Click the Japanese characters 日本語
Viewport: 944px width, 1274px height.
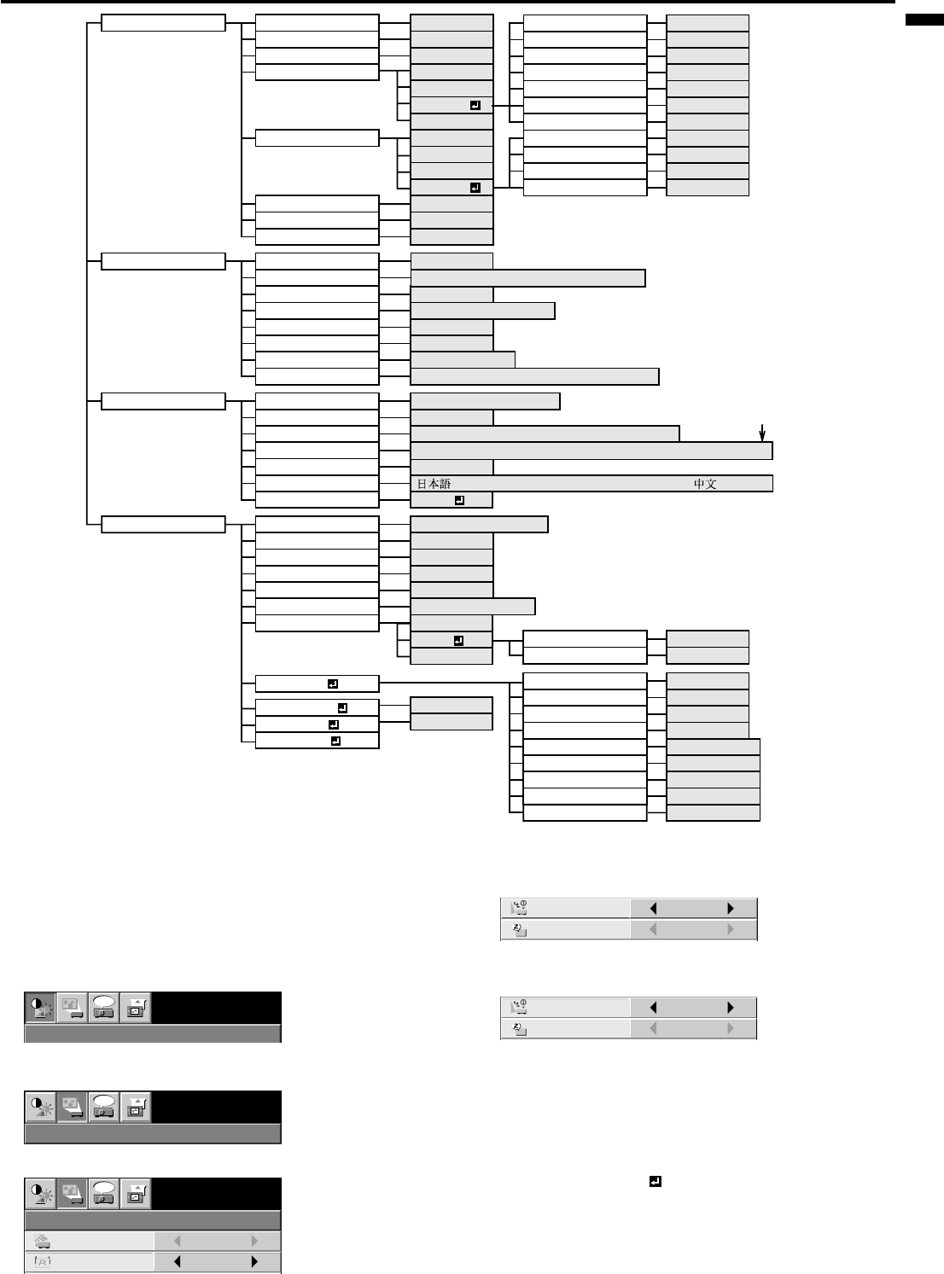point(433,484)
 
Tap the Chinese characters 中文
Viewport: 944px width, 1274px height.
point(704,484)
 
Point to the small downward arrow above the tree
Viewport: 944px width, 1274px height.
point(761,433)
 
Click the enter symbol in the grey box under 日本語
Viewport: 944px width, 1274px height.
point(459,500)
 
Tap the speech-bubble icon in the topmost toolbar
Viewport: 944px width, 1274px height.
point(104,1008)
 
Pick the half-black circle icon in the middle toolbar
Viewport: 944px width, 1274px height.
point(41,1107)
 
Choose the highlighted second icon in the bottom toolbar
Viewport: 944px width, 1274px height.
point(72,1193)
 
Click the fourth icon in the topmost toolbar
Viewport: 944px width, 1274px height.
point(135,1008)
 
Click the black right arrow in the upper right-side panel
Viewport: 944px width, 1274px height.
point(730,908)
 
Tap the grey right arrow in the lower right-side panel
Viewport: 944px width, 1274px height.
point(730,1029)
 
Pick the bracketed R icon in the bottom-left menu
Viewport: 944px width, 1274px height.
point(41,1262)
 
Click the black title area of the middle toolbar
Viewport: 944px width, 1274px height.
point(217,1107)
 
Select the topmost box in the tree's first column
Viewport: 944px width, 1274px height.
point(163,22)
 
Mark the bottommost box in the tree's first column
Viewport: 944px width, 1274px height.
point(163,524)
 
